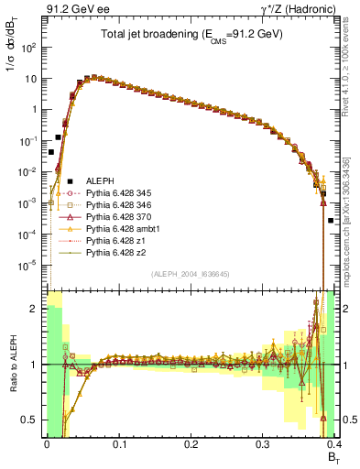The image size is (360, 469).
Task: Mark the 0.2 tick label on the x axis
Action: click(191, 442)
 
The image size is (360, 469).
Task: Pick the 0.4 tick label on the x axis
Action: click(334, 442)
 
